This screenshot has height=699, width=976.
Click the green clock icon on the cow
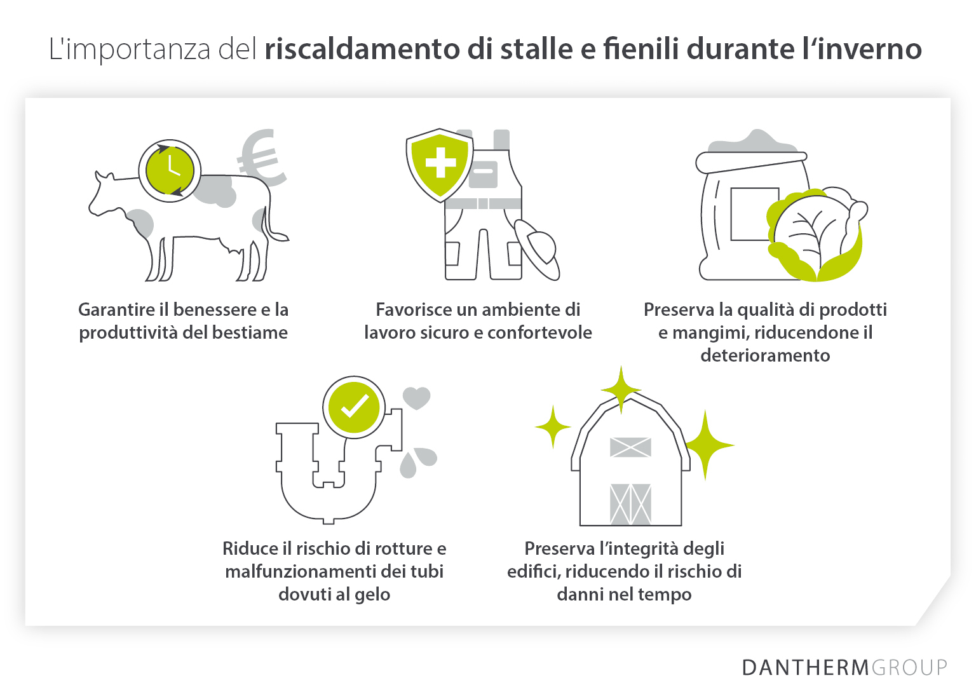pyautogui.click(x=170, y=171)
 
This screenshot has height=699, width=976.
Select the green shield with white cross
pyautogui.click(x=440, y=165)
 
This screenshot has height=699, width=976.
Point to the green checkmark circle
pyautogui.click(x=354, y=407)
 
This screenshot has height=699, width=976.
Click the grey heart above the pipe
pyautogui.click(x=417, y=398)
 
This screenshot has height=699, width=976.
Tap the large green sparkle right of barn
pyautogui.click(x=706, y=445)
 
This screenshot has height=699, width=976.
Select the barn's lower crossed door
pyautogui.click(x=630, y=504)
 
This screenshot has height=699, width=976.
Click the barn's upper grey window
pyautogui.click(x=630, y=447)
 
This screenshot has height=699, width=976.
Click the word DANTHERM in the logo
pyautogui.click(x=805, y=668)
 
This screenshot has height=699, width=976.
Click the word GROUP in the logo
pyautogui.click(x=909, y=668)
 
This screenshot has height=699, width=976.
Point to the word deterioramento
pyautogui.click(x=765, y=356)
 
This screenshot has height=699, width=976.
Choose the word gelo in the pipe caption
pyautogui.click(x=372, y=595)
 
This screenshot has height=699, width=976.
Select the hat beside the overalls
pyautogui.click(x=538, y=248)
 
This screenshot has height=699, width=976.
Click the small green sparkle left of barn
pyautogui.click(x=553, y=427)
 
